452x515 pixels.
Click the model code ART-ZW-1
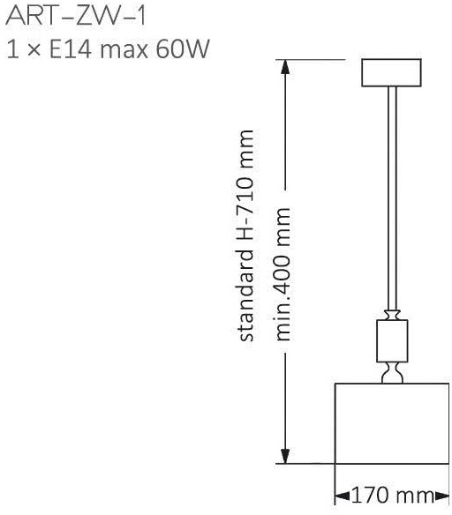[76, 16]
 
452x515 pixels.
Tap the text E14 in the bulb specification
[70, 49]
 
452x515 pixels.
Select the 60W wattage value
[183, 49]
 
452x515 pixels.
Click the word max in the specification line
[124, 51]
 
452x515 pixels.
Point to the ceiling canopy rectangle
[391, 72]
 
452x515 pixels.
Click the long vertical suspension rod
[392, 198]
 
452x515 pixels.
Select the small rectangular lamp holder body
[392, 341]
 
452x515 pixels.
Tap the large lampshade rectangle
[391, 423]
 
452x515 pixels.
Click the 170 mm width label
[392, 496]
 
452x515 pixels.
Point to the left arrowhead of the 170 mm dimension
[343, 496]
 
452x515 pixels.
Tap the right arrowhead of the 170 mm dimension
[441, 496]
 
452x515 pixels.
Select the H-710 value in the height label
[246, 210]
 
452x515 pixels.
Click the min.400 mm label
[282, 274]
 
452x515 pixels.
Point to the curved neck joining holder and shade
[392, 372]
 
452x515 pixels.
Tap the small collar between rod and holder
[392, 315]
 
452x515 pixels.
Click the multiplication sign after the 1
[34, 50]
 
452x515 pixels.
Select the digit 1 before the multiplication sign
[12, 49]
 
